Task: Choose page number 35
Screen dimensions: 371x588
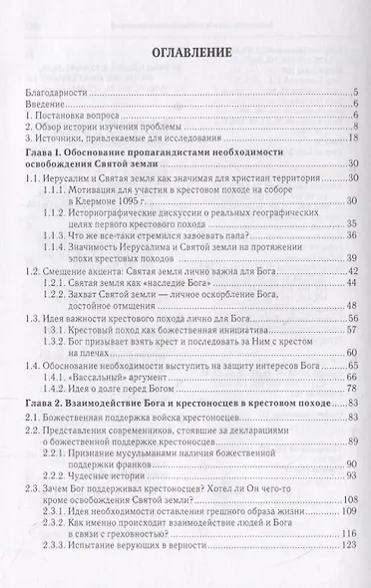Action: click(353, 224)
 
